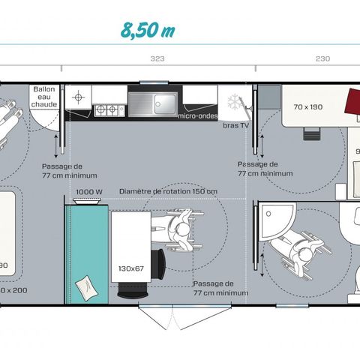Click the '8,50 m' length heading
(148, 30)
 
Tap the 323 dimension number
(157, 58)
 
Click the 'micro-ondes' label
(198, 116)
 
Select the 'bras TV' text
(235, 125)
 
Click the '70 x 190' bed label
(308, 107)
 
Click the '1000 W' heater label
(89, 191)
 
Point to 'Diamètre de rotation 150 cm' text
(168, 191)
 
